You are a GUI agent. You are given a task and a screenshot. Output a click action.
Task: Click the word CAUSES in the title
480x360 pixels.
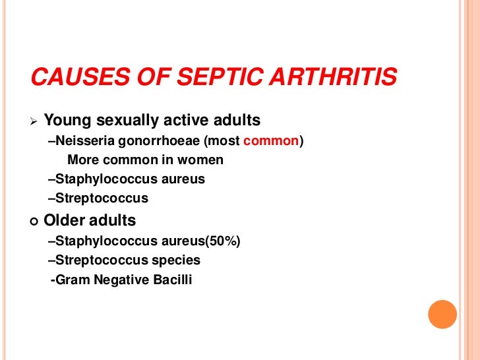[72, 79]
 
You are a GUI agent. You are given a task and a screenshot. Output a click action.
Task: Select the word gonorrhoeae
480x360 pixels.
[152, 141]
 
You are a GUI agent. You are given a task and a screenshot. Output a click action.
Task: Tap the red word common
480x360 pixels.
[276, 141]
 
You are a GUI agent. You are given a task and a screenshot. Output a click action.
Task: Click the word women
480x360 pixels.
[204, 160]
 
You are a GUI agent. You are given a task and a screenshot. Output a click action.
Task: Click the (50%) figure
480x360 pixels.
[224, 242]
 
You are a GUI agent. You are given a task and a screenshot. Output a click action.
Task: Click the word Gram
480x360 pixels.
[73, 280]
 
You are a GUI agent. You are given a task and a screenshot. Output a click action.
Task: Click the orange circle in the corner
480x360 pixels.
[442, 315]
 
